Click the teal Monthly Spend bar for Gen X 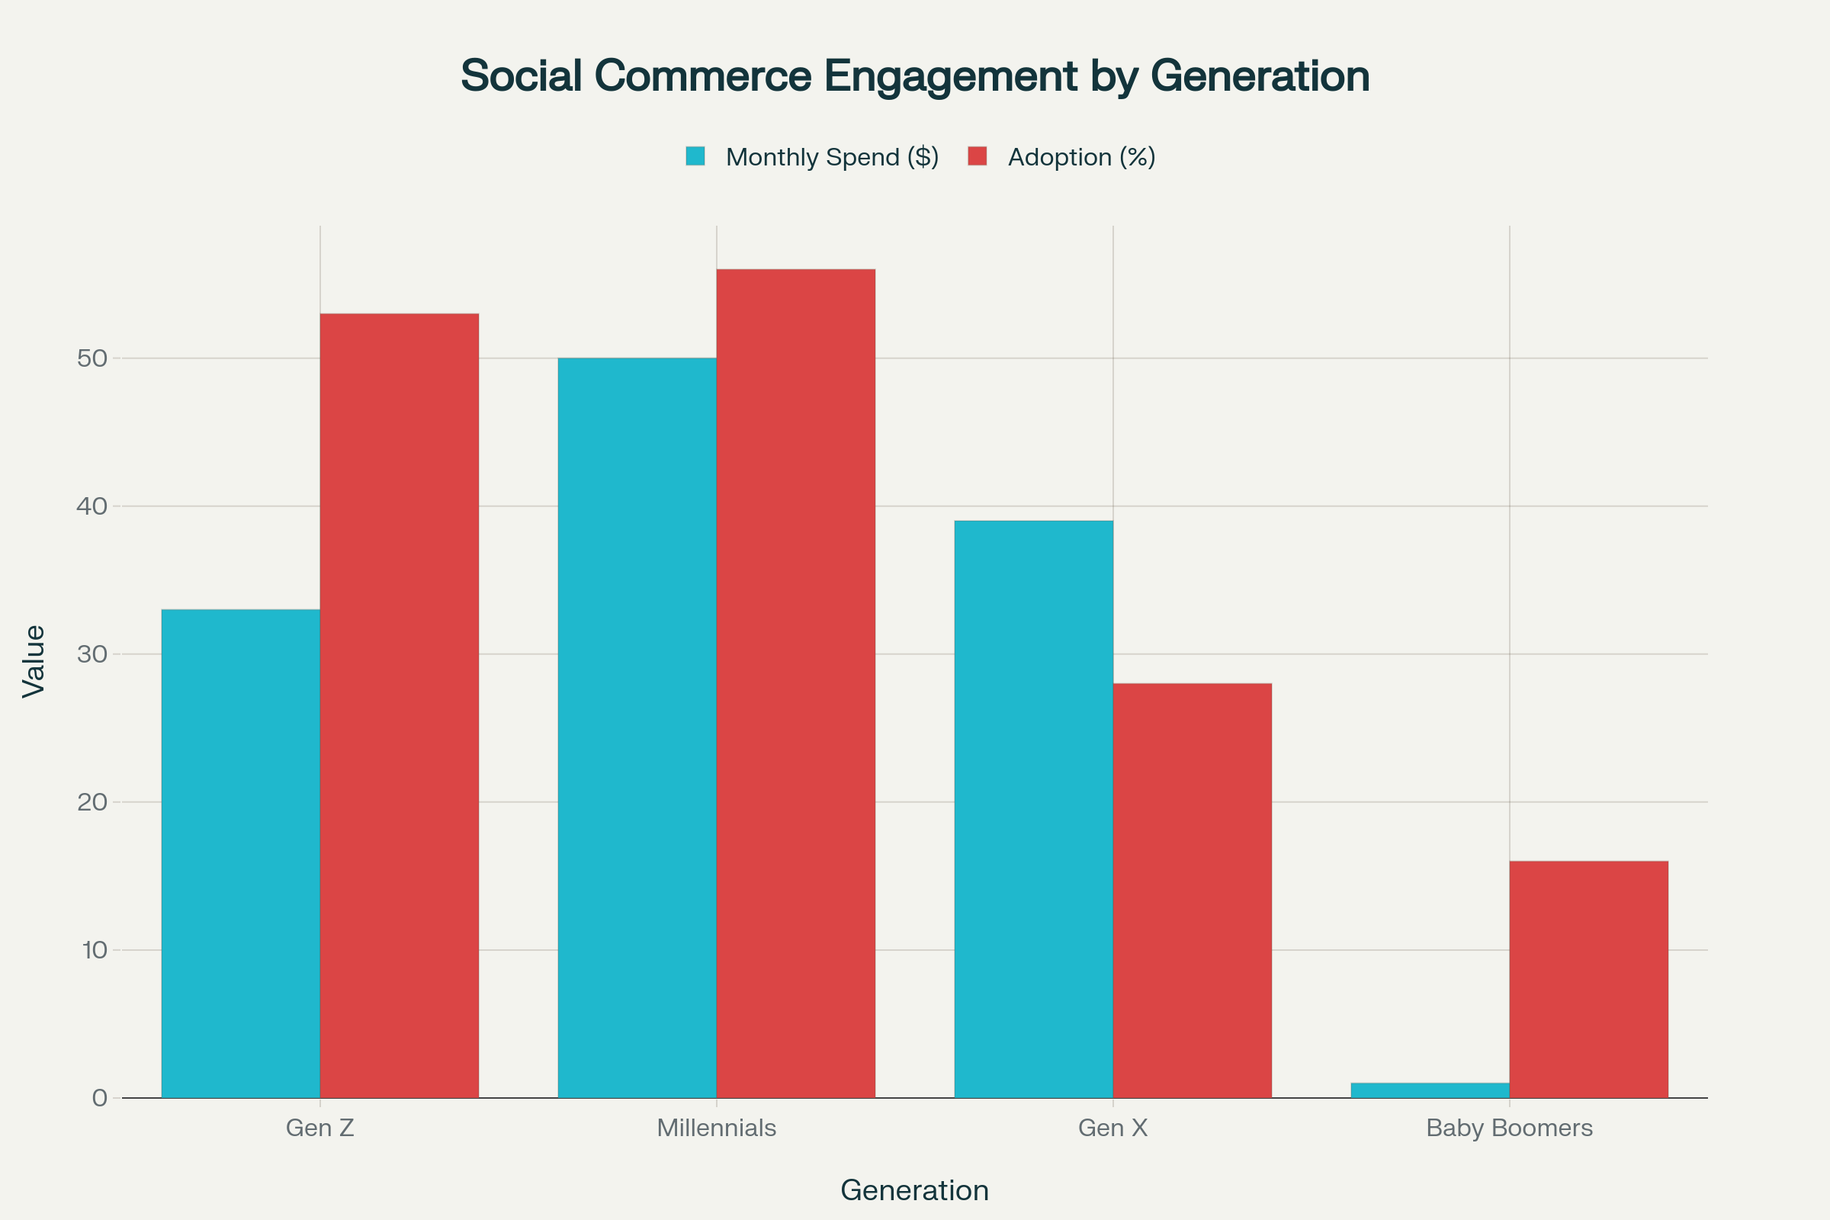[x=1033, y=809]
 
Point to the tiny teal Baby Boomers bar [x=1430, y=1090]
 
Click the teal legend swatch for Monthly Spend [x=695, y=156]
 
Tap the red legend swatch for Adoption [x=978, y=156]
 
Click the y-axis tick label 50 [x=91, y=358]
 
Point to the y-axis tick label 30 [x=91, y=654]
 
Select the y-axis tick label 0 [x=100, y=1098]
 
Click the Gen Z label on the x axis [x=319, y=1128]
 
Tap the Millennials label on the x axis [x=717, y=1128]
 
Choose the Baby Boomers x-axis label [x=1510, y=1128]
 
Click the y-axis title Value [x=34, y=661]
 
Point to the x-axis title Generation [x=914, y=1190]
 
